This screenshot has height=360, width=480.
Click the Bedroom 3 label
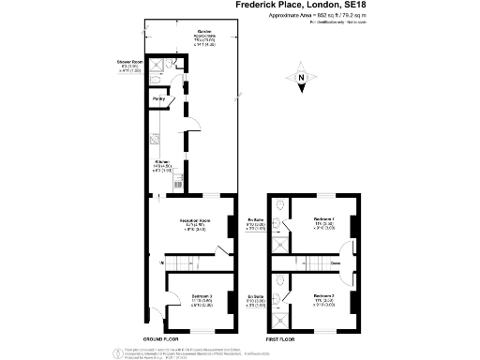(x=195, y=299)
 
